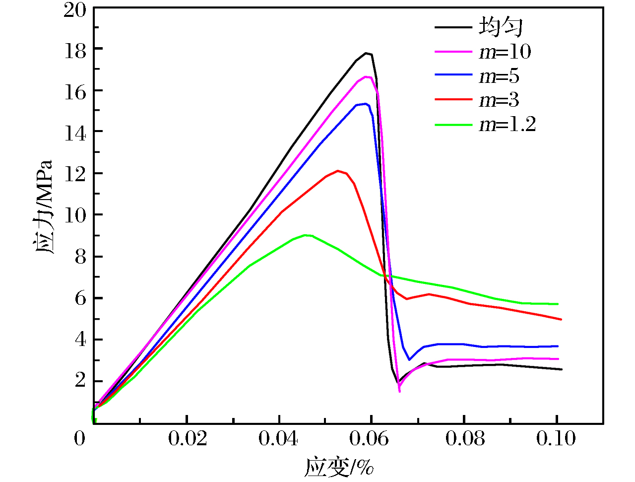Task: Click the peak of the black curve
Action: tap(366, 53)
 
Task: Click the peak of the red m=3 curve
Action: tap(338, 171)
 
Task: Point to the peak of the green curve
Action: tap(305, 235)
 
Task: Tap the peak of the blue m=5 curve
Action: tap(365, 104)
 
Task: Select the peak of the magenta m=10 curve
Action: tap(366, 76)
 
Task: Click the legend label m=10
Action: tap(505, 52)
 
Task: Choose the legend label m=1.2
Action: tap(507, 124)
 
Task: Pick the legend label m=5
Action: tap(499, 76)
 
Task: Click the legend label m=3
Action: tap(499, 100)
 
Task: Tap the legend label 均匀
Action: tap(500, 27)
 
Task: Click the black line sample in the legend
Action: tap(453, 27)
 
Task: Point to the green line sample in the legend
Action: tap(453, 124)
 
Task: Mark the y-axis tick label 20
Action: tap(75, 10)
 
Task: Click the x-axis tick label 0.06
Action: tap(372, 439)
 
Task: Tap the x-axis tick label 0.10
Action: tap(556, 439)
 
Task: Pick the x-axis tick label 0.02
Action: tap(187, 439)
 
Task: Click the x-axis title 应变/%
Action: tap(339, 467)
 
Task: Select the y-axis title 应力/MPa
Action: tap(44, 207)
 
